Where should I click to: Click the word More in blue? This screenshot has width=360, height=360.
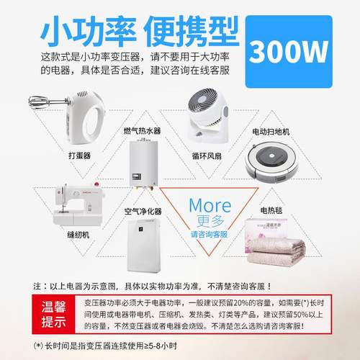tap(210, 204)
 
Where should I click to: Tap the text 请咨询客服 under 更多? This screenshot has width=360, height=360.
tap(209, 235)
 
